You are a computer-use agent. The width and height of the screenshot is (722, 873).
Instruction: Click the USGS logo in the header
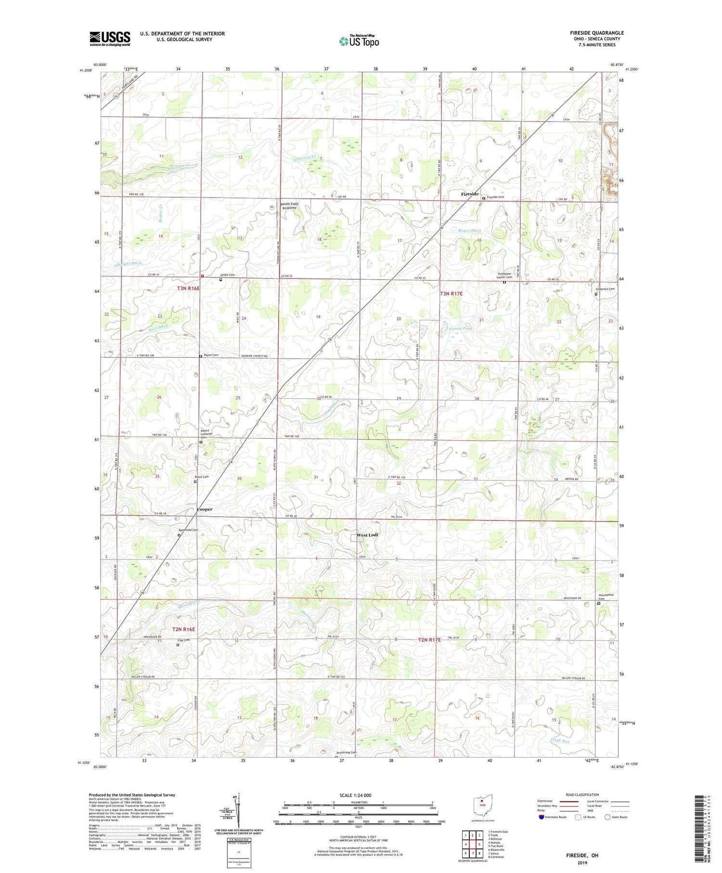click(x=110, y=39)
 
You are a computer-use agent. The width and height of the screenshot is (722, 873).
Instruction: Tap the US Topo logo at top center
click(x=359, y=41)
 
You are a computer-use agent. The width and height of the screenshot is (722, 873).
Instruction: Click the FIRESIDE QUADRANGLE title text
click(x=597, y=33)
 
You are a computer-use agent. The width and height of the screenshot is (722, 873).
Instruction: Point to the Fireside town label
click(x=469, y=194)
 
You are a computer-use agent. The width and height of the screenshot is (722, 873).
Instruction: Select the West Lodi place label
click(x=367, y=535)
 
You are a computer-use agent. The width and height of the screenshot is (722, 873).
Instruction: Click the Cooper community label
click(x=204, y=509)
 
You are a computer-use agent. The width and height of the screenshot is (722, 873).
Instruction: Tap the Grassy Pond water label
click(x=461, y=328)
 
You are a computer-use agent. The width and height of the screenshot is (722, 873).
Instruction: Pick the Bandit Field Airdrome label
click(x=289, y=206)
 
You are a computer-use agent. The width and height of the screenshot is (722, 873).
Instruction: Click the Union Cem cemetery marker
click(x=221, y=279)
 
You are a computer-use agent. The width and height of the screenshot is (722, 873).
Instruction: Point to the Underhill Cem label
click(x=606, y=289)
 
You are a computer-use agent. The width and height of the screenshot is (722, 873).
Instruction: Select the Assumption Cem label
click(x=606, y=596)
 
